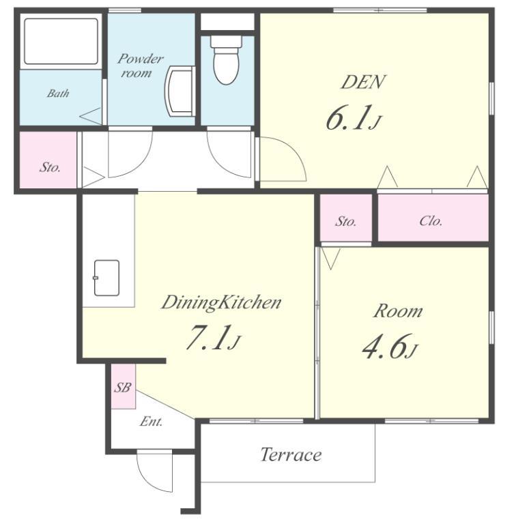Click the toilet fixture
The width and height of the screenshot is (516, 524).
[226, 59]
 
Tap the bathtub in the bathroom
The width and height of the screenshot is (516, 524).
[61, 41]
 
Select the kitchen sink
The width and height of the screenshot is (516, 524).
[106, 278]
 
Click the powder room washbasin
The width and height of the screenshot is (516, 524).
[180, 91]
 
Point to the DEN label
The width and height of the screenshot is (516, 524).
[363, 82]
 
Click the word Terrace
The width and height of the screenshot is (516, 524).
[291, 454]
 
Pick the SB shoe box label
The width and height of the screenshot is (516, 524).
[123, 388]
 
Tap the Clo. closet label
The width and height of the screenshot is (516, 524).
[431, 221]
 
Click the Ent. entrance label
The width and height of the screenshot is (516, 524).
[151, 422]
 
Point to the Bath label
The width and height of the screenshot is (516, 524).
[58, 93]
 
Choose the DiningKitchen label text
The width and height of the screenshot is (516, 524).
[221, 303]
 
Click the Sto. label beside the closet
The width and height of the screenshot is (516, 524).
[346, 221]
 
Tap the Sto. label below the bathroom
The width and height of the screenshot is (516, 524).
[50, 167]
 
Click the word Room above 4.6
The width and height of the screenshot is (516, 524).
[398, 311]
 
